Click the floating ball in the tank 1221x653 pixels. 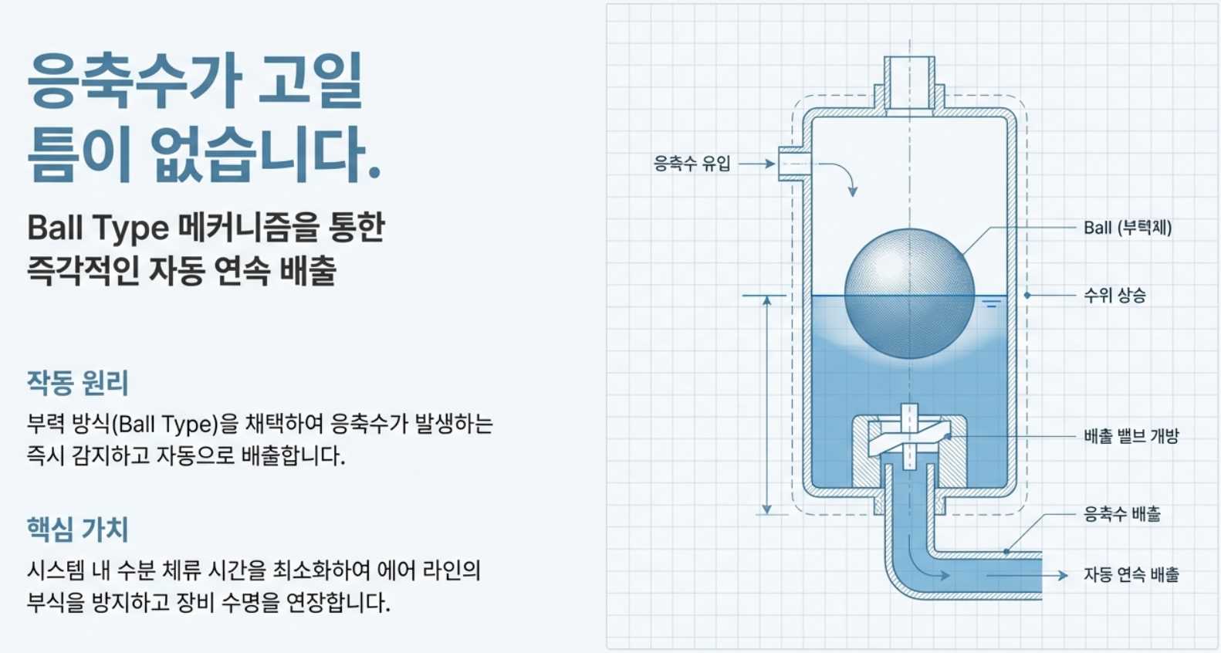pos(909,293)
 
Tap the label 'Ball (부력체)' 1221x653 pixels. pos(1127,228)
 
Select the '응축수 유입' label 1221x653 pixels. pos(692,164)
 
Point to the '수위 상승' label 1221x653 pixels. pos(1114,295)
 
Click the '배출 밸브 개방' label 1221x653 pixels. pos(1131,436)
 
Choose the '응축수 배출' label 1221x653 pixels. pos(1121,514)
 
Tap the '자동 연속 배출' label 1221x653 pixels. pos(1131,575)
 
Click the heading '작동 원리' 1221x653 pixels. pos(77,383)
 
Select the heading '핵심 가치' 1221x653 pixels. pos(77,530)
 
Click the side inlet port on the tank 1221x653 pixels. pos(792,164)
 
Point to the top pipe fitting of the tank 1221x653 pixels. pos(909,82)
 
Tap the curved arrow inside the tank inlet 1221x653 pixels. pos(841,177)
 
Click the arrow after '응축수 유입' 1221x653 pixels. pos(756,164)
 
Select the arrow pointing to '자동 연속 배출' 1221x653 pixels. pos(1027,575)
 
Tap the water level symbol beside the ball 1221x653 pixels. pos(991,304)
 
